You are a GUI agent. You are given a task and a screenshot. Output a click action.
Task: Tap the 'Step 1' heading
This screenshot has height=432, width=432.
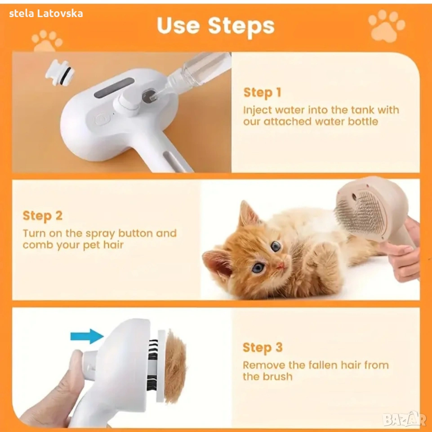[262, 92]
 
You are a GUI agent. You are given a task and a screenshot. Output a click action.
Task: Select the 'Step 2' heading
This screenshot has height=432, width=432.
[42, 216]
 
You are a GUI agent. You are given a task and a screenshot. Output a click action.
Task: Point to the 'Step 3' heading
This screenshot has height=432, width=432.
[263, 347]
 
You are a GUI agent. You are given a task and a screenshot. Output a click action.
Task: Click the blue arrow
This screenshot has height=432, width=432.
[87, 336]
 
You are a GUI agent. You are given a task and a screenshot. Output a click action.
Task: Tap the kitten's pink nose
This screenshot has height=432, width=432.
[280, 265]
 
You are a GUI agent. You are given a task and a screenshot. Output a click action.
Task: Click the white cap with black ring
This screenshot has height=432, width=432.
[60, 72]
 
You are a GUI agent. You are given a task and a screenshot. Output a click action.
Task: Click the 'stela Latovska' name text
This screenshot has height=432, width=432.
[46, 13]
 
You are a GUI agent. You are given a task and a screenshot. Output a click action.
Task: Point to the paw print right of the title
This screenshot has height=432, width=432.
[387, 26]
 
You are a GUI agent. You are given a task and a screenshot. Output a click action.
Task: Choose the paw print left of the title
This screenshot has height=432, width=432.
[47, 41]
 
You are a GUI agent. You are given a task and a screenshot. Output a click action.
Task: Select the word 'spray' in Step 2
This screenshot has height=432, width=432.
[100, 234]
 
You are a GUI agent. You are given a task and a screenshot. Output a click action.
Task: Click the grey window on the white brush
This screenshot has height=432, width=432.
[114, 88]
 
